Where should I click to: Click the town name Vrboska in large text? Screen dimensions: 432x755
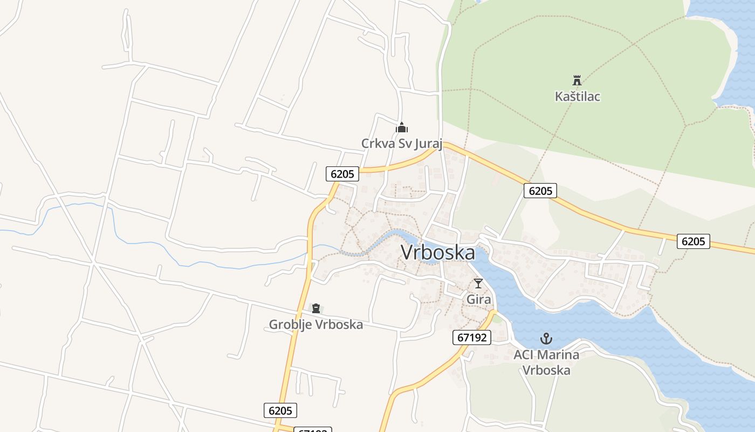pyautogui.click(x=438, y=253)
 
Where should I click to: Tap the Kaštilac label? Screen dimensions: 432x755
pyautogui.click(x=578, y=97)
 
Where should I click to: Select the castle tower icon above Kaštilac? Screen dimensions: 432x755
pyautogui.click(x=577, y=80)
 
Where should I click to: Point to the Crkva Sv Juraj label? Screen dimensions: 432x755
pyautogui.click(x=402, y=144)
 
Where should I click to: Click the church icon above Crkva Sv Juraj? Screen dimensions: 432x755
pyautogui.click(x=402, y=128)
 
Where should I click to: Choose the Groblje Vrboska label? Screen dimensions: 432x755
pyautogui.click(x=316, y=325)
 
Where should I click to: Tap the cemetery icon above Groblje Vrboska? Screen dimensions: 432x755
pyautogui.click(x=316, y=309)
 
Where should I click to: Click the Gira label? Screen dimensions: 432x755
pyautogui.click(x=479, y=299)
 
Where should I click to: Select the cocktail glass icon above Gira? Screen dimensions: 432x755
pyautogui.click(x=478, y=283)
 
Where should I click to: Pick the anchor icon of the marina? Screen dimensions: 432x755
pyautogui.click(x=546, y=339)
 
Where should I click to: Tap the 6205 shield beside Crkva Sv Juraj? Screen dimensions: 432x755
pyautogui.click(x=342, y=174)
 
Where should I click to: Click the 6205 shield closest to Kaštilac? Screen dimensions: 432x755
pyautogui.click(x=540, y=191)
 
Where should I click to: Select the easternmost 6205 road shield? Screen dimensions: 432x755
pyautogui.click(x=694, y=241)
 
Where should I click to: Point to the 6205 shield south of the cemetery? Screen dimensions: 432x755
pyautogui.click(x=280, y=410)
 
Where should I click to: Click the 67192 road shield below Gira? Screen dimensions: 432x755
pyautogui.click(x=472, y=338)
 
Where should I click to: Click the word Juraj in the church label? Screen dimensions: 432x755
pyautogui.click(x=429, y=144)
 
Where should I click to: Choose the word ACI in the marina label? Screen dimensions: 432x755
pyautogui.click(x=524, y=355)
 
